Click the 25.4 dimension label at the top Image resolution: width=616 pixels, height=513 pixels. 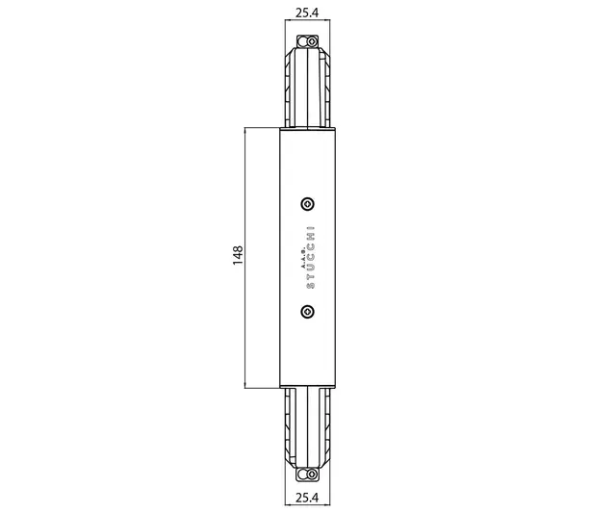point(307,13)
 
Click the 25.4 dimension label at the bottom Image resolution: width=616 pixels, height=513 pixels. point(307,498)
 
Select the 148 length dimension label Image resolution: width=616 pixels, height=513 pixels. point(238,256)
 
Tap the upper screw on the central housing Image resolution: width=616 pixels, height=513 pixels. point(307,204)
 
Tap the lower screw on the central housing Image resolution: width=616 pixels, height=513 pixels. point(307,312)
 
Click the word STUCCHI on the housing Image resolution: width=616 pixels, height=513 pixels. point(310,257)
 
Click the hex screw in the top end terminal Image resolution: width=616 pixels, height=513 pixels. point(312,41)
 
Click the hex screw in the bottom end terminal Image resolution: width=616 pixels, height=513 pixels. point(312,475)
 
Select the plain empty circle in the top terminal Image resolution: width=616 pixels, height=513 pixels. point(302,41)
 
